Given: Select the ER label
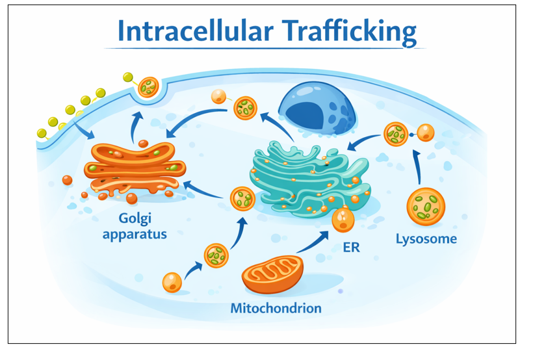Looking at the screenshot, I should coord(352,248).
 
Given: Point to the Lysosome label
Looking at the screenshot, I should coord(426,238).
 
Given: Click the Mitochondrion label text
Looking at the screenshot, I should coord(276,307).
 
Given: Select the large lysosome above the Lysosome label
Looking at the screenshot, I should coord(426,207).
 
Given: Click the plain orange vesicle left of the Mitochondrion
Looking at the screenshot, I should coord(172,282).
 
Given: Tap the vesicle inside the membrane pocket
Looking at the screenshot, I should coord(149,86).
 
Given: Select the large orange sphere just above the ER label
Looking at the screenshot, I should coord(343,220).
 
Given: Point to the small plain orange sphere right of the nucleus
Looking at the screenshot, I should coord(426,133).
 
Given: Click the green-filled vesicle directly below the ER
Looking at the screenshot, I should coord(242,198).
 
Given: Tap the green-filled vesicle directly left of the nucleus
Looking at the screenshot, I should coord(245,108).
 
